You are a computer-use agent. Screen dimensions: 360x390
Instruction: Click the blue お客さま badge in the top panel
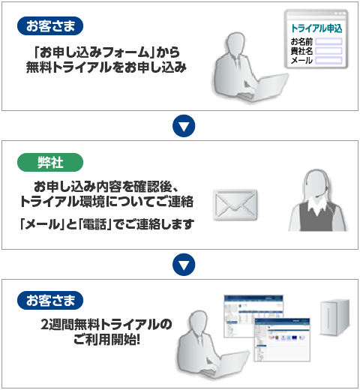click(x=50, y=25)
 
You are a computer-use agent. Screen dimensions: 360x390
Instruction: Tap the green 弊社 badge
click(x=50, y=163)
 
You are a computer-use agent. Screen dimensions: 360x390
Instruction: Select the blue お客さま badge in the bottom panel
click(x=50, y=300)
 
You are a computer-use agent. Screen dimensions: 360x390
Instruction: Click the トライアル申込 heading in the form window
click(x=316, y=28)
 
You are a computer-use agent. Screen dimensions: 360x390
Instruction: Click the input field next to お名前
click(x=328, y=41)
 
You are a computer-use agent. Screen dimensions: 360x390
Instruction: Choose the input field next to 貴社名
click(x=328, y=51)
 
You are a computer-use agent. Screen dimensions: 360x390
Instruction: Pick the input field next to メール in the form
click(x=328, y=60)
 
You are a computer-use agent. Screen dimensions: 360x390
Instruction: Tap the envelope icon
click(x=235, y=205)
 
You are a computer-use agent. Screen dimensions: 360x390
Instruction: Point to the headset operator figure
click(x=318, y=200)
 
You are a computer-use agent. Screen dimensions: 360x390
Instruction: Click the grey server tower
click(x=335, y=317)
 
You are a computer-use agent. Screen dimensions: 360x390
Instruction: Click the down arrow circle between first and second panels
click(x=184, y=126)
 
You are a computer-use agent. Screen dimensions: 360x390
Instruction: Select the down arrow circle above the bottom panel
click(x=184, y=265)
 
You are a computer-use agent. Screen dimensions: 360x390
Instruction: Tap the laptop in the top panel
click(x=265, y=88)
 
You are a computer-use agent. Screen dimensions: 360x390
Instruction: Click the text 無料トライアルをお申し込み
click(x=106, y=67)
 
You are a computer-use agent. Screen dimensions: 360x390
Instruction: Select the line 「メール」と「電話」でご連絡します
click(x=107, y=224)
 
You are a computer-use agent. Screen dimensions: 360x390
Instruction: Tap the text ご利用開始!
click(x=106, y=340)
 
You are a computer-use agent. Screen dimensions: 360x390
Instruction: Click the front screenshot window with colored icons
click(x=282, y=340)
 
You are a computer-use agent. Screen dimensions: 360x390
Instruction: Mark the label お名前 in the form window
click(x=301, y=41)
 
